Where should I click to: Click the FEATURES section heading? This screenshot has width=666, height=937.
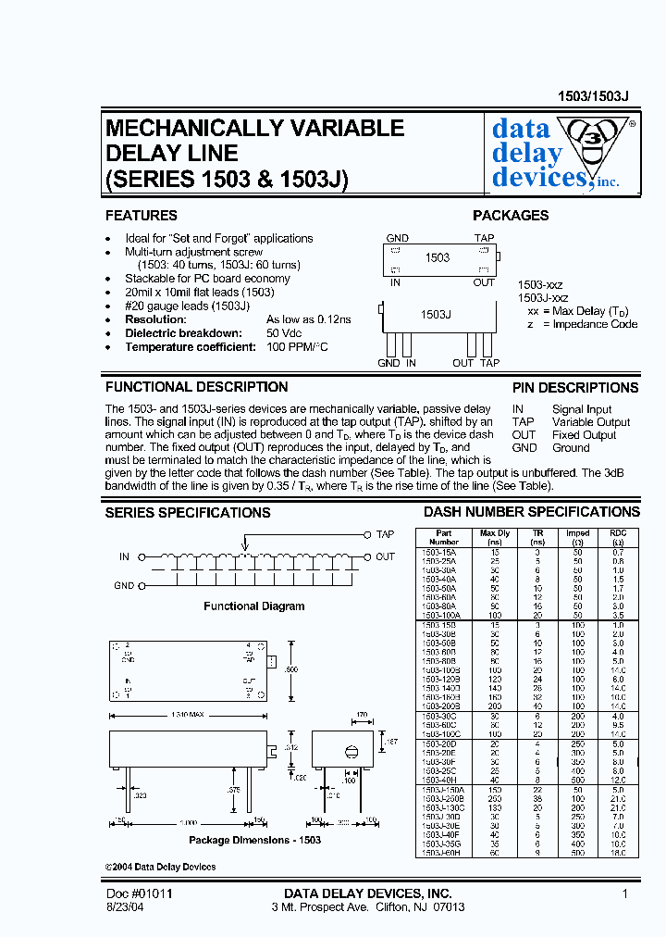tap(142, 216)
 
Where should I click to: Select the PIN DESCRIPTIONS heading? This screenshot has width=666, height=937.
tap(575, 388)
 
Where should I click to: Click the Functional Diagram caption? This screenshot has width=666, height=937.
tap(254, 606)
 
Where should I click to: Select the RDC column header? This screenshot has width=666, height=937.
tap(618, 533)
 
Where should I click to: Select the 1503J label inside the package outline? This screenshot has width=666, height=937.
tap(436, 315)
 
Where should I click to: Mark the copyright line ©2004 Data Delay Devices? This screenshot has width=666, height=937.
tap(160, 867)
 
